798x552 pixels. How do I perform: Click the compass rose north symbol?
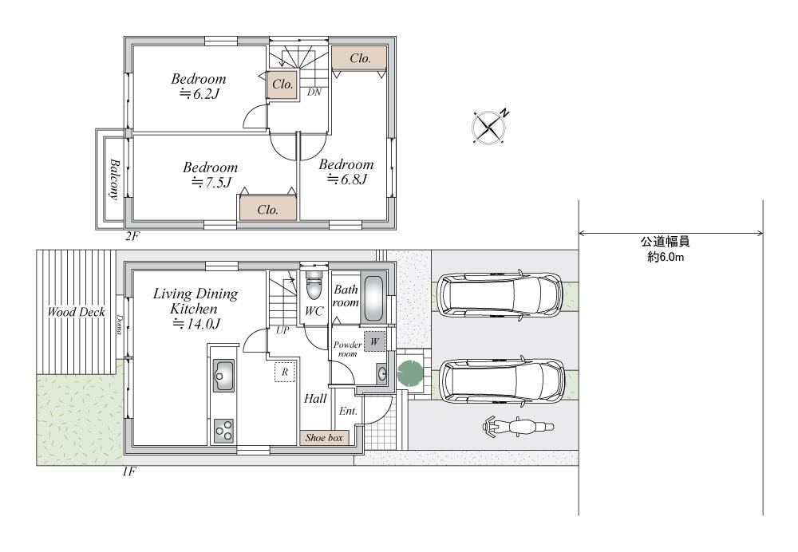pos(489,126)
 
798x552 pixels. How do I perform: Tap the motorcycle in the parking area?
pos(517,428)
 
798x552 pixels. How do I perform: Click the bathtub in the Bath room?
pos(374,298)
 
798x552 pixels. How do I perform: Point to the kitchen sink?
pos(223,375)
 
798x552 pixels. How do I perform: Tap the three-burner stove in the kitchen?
pos(223,432)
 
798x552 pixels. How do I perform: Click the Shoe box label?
pos(324,437)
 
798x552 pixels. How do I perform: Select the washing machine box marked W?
pos(374,341)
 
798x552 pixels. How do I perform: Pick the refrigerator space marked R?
pos(285,372)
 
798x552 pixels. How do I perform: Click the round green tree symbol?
pos(411,373)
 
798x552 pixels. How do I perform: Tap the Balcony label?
pos(114,179)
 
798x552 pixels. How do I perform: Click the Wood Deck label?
pos(77,312)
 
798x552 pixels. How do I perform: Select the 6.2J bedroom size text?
pos(199,93)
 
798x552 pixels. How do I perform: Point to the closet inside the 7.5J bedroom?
pos(268,209)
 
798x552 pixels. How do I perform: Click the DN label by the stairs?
pos(314,92)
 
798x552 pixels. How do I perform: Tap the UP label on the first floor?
pos(282,330)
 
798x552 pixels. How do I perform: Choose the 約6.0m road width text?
pos(666,257)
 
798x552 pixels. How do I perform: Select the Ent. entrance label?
pos(348,411)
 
